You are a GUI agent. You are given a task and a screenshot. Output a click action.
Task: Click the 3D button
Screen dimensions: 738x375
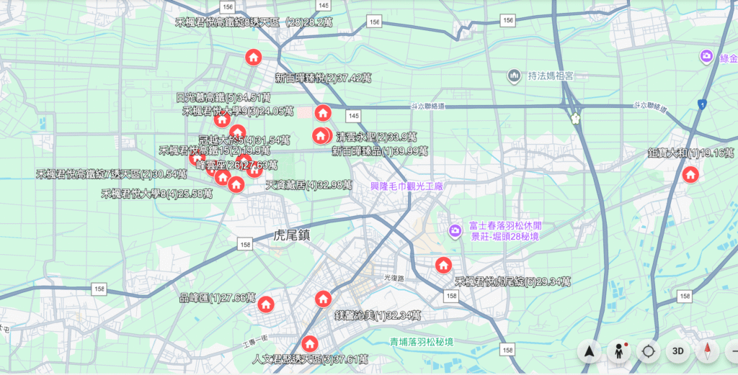coord(677,351)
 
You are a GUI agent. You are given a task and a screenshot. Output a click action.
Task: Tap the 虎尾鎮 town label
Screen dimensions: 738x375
coord(292,235)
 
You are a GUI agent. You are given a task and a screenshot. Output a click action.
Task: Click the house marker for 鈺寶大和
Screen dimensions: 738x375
coord(690,174)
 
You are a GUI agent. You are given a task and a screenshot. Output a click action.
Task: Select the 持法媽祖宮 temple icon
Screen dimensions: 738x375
coord(514,75)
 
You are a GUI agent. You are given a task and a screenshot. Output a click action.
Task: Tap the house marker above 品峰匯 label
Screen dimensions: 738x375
coord(265,304)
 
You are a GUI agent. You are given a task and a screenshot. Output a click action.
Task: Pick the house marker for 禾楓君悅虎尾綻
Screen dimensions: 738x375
coord(443,265)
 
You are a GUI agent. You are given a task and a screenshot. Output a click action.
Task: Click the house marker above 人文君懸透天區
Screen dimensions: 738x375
coord(310,343)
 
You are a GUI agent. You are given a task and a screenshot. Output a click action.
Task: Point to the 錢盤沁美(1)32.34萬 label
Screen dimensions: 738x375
coord(378,315)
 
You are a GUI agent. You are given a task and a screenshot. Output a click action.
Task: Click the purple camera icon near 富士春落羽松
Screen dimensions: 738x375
coord(455,230)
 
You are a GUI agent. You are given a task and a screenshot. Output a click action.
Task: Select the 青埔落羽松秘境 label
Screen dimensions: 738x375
coord(422,342)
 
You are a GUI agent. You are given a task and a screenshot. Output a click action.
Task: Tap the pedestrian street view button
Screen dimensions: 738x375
coord(618,351)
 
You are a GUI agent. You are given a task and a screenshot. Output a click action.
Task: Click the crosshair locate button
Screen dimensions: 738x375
coord(648,351)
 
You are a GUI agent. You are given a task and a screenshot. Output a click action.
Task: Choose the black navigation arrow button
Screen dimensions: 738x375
coord(589,351)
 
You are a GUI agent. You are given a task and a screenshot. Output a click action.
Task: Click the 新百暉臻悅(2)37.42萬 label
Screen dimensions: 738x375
coord(323,78)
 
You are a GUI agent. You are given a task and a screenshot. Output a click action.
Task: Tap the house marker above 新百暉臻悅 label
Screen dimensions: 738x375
coord(253,58)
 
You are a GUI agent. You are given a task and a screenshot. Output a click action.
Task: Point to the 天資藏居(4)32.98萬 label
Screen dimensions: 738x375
coord(308,186)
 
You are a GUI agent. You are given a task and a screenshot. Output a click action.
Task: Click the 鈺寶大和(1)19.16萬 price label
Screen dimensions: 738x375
coord(690,153)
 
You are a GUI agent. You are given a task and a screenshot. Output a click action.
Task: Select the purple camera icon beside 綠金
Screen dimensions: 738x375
coord(706,56)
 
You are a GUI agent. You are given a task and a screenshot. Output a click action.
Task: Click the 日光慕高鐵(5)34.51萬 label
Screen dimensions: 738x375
coord(223,97)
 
